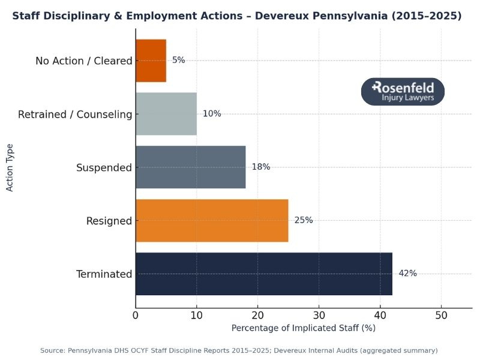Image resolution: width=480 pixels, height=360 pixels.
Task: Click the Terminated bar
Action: point(264,274)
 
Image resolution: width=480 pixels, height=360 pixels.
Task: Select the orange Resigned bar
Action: point(212,220)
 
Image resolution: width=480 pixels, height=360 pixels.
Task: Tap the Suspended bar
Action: point(191,167)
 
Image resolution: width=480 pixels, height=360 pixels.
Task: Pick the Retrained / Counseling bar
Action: point(166,113)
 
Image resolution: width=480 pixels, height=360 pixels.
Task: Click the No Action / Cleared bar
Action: point(151,60)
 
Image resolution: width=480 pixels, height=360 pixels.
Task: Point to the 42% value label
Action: point(407,274)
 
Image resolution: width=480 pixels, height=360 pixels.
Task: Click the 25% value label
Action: point(304,220)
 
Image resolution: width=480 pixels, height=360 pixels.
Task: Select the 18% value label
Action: point(261,167)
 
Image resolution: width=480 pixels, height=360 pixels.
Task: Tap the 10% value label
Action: point(212,113)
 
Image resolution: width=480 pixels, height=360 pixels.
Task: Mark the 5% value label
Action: point(179,60)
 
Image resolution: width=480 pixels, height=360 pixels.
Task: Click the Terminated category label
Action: point(104,274)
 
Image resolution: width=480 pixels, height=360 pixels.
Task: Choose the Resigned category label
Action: point(109,221)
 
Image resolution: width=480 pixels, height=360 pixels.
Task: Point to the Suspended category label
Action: point(104,167)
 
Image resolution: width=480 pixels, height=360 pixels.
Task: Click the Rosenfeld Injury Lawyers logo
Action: point(403,91)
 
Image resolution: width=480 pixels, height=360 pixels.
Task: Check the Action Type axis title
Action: point(10,167)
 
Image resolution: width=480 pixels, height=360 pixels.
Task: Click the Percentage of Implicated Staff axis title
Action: point(303,328)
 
